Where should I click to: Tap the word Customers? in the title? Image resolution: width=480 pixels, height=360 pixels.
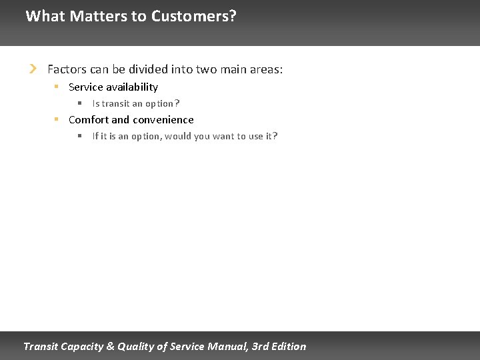(193, 16)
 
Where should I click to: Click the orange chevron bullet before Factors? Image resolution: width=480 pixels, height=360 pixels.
(33, 69)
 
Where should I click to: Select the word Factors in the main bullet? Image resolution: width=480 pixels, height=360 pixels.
(67, 69)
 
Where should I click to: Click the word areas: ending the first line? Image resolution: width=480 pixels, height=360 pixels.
(265, 69)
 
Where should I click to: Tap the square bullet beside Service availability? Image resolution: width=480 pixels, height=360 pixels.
(57, 87)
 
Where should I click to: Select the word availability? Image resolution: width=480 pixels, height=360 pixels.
(132, 87)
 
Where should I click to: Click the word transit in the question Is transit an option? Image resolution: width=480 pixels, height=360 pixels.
(115, 103)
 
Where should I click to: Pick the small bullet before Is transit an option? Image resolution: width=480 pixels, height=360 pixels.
(79, 103)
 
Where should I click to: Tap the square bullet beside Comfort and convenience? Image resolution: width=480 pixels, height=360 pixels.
(57, 119)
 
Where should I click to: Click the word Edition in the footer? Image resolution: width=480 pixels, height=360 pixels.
(289, 346)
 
